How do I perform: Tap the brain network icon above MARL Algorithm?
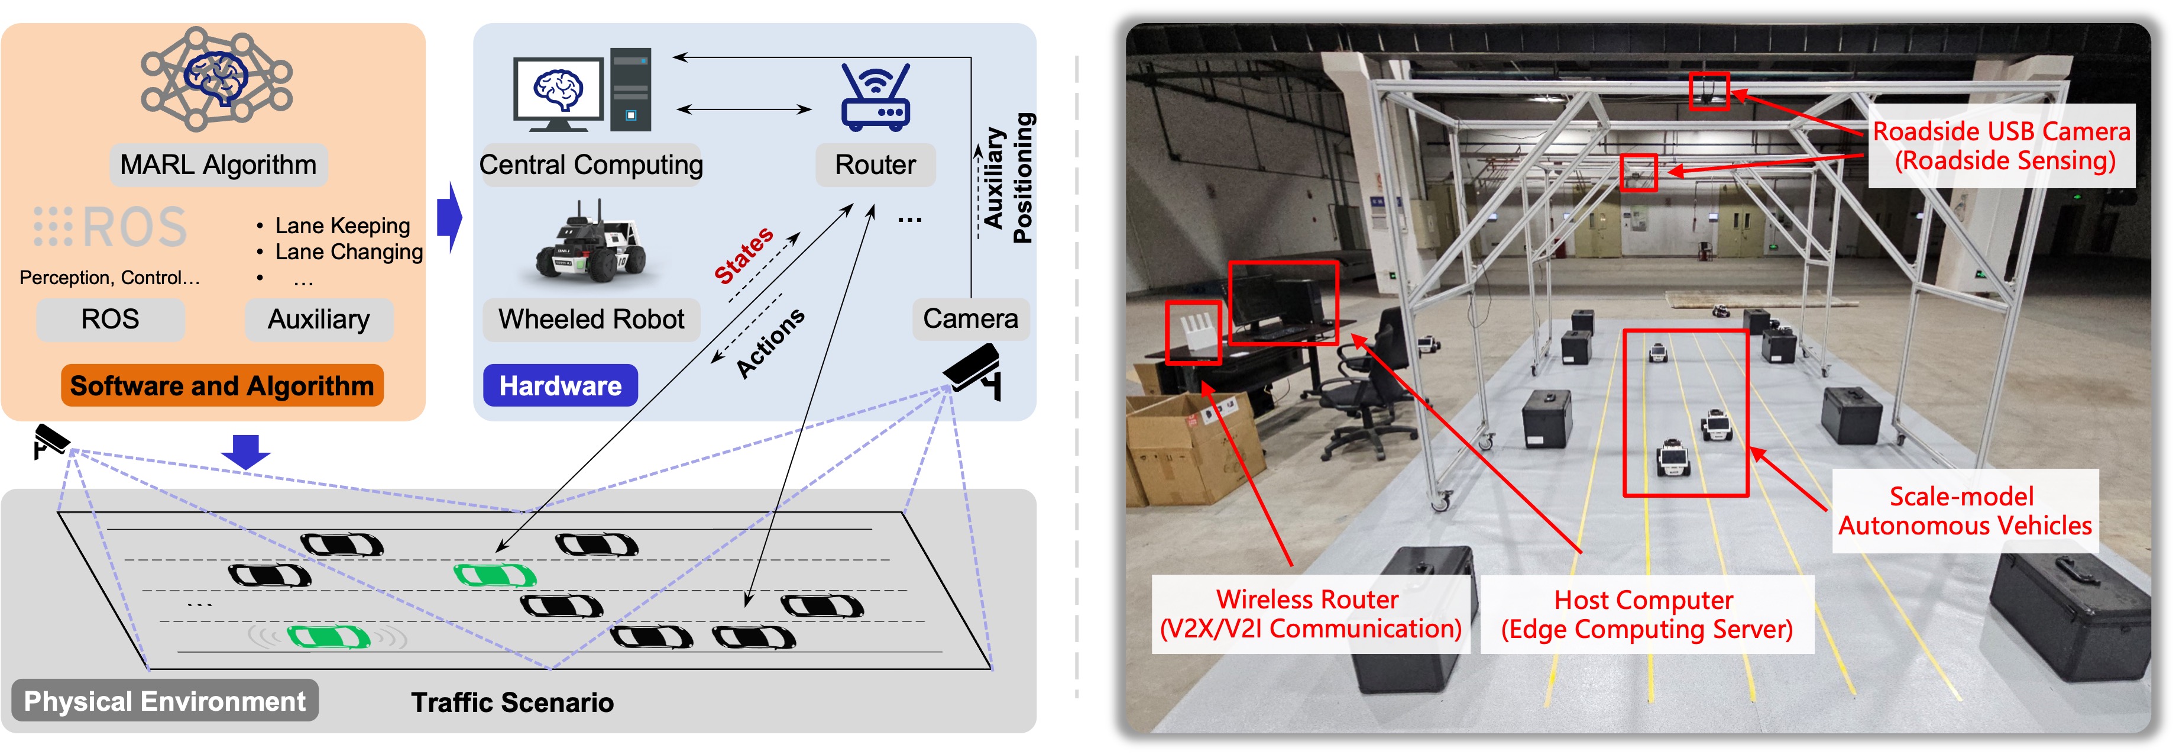(217, 79)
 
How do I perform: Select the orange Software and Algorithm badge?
(222, 385)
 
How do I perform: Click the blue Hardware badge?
(560, 385)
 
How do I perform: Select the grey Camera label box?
(970, 318)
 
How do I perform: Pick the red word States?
(743, 254)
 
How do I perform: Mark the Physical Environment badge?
(165, 701)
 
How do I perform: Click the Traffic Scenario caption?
(513, 703)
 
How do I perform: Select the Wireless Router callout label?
(1310, 614)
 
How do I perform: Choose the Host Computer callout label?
(1646, 614)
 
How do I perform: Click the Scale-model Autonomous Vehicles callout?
(1965, 511)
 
